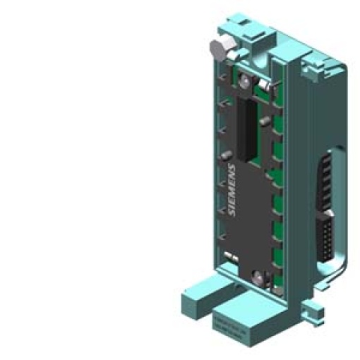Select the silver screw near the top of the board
[x=242, y=82]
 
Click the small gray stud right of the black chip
[x=264, y=123]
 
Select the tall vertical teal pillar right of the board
[x=285, y=184]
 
